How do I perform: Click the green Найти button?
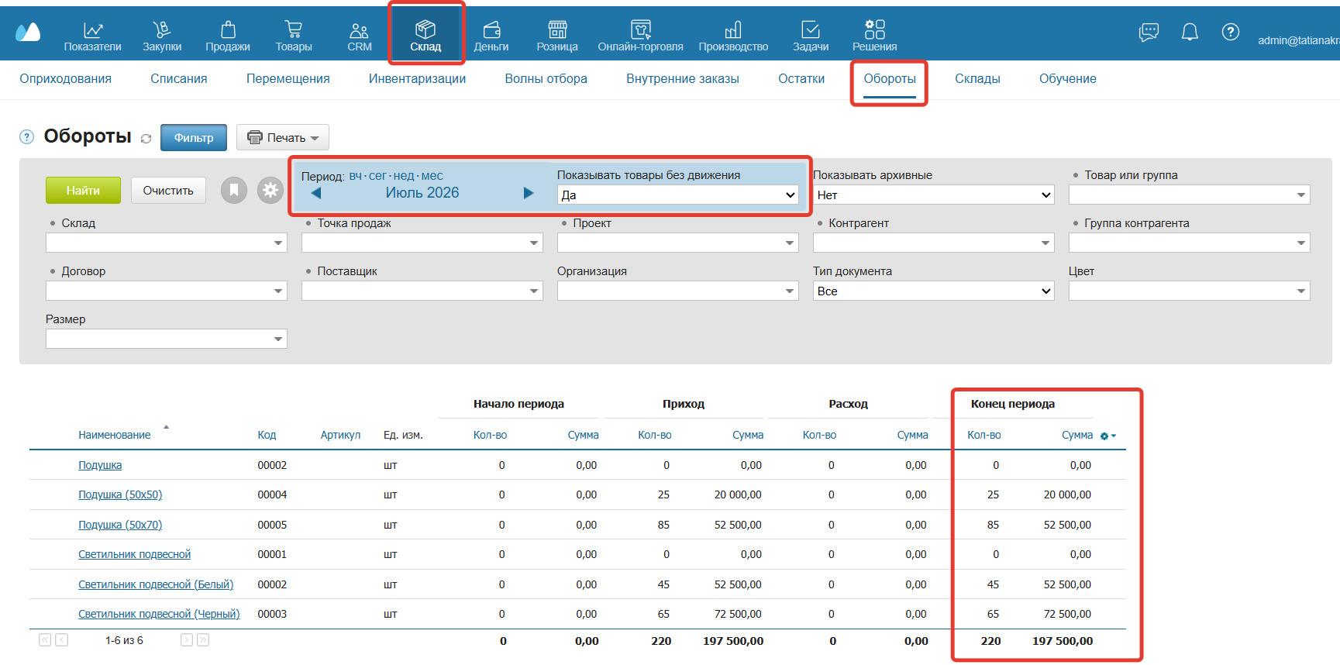pos(83,190)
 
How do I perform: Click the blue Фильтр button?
pos(194,137)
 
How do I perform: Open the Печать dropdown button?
pos(283,137)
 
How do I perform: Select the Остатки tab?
pos(801,78)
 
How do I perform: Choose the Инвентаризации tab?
pos(417,78)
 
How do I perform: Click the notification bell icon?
pos(1190,32)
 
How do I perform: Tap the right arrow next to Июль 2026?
pos(529,193)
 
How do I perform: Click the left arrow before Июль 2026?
pos(316,193)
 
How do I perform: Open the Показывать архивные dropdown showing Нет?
pos(933,195)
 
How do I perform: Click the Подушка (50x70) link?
pos(120,525)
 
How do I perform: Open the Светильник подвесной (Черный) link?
pos(159,614)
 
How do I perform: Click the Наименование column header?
pos(115,435)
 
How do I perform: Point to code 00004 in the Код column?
pos(272,494)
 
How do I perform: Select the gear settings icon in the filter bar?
pos(270,190)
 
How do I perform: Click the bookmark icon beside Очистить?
pos(234,190)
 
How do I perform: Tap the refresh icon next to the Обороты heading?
pos(146,139)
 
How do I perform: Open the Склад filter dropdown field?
pos(167,243)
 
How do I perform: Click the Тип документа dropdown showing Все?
pos(933,291)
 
